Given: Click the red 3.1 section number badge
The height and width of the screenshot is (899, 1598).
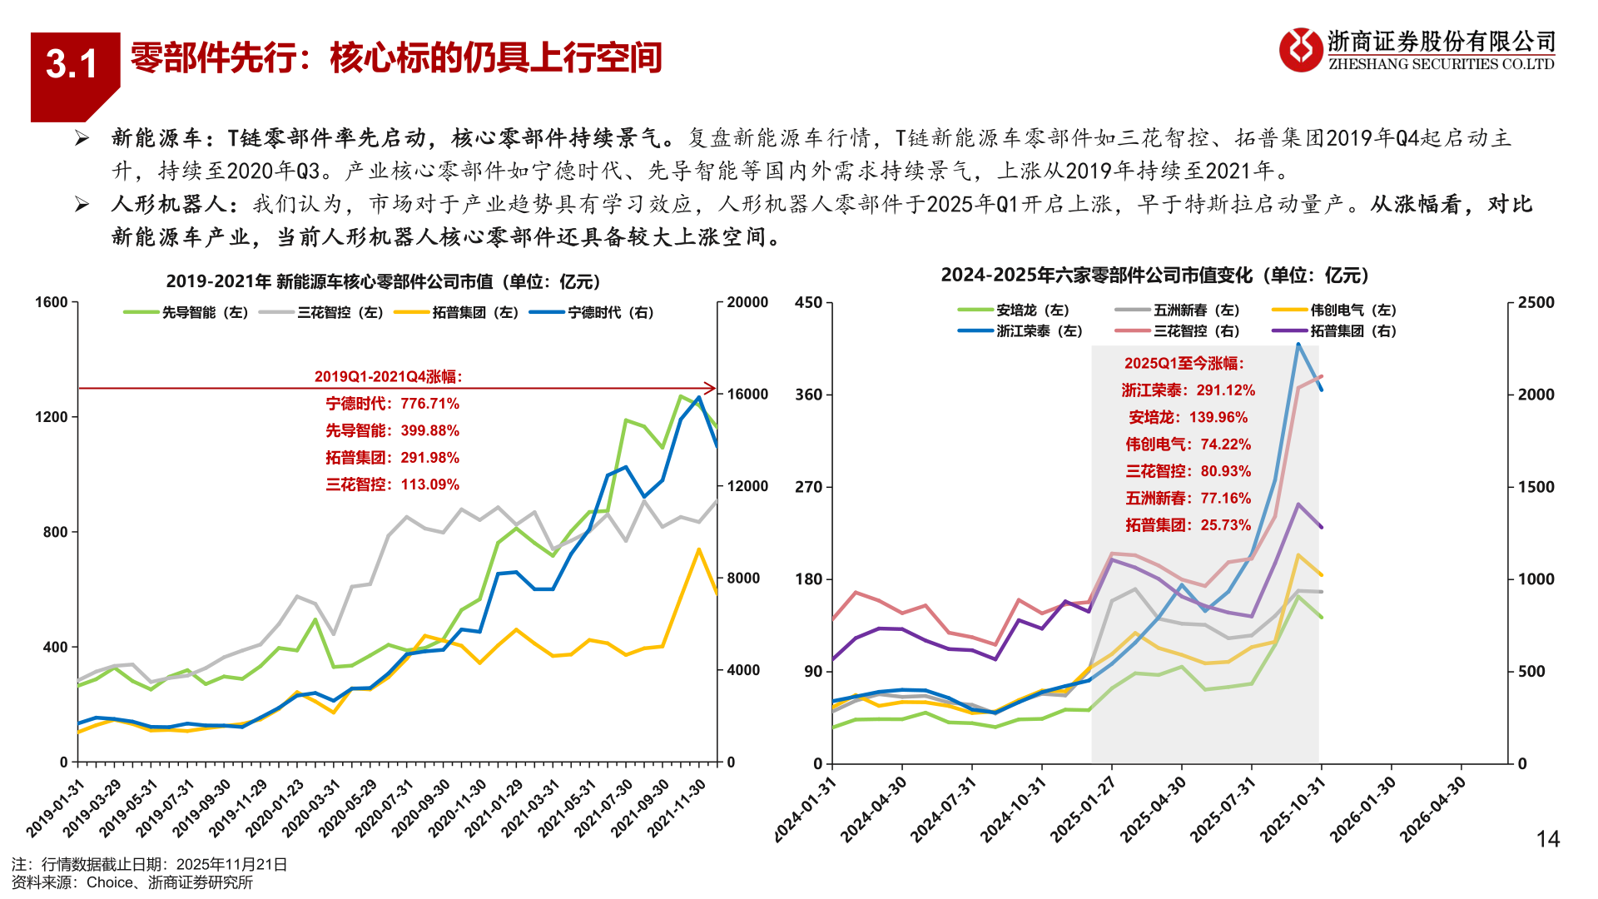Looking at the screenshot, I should tap(72, 65).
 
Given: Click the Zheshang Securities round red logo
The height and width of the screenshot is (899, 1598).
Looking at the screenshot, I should tap(1300, 50).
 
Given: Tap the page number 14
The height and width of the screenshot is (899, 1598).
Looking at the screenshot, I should tap(1547, 838).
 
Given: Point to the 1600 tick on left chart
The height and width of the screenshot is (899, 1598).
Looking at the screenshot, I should tap(51, 302).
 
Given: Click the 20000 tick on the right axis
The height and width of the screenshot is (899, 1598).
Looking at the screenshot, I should tap(747, 302).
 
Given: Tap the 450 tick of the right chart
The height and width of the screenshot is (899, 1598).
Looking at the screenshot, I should tap(808, 302).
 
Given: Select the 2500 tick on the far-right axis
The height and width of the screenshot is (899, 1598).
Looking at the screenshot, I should tap(1536, 302).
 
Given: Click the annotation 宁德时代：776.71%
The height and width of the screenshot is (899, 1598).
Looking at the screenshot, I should tap(392, 404).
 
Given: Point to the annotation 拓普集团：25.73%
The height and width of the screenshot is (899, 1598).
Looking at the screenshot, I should tap(1188, 525).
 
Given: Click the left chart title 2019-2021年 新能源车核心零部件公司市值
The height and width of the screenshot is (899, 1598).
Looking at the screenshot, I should tap(383, 281).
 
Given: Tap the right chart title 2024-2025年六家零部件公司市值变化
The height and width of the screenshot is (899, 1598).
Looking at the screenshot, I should tap(1154, 275).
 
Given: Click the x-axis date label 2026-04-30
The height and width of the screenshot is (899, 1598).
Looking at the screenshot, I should tap(1433, 809).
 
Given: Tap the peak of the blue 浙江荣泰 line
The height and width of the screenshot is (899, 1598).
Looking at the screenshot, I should tap(1298, 344).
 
